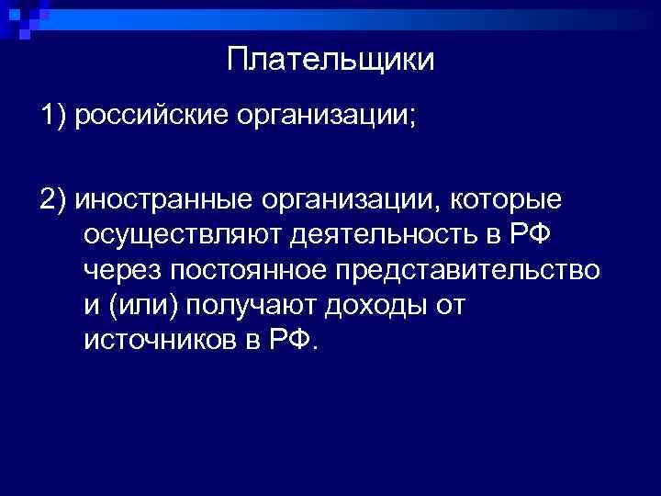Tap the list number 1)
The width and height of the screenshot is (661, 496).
click(55, 117)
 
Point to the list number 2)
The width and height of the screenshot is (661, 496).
click(55, 199)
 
